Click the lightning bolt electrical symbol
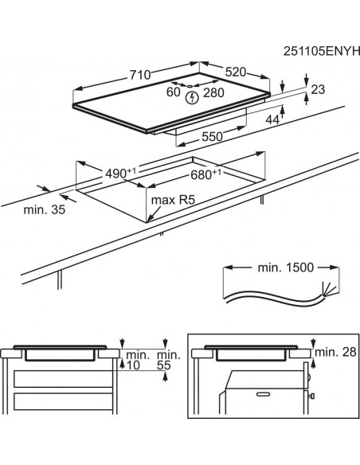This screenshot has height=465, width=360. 191,98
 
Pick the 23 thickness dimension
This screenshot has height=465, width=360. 319,91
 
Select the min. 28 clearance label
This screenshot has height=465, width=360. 335,351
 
